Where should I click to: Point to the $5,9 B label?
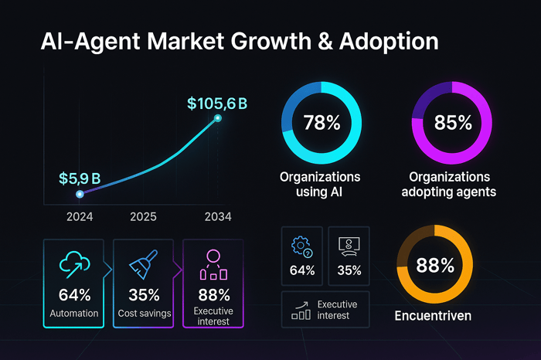pos(80,178)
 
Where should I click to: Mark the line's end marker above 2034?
pos(218,118)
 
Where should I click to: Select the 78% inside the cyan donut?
pos(320,123)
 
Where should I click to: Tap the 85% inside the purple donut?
pos(453,123)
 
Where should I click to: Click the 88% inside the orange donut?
pos(435,266)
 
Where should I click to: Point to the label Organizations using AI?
pos(320,184)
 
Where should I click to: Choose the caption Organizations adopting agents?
pos(453,184)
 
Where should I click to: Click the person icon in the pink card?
pos(214,263)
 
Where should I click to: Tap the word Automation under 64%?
pos(75,314)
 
